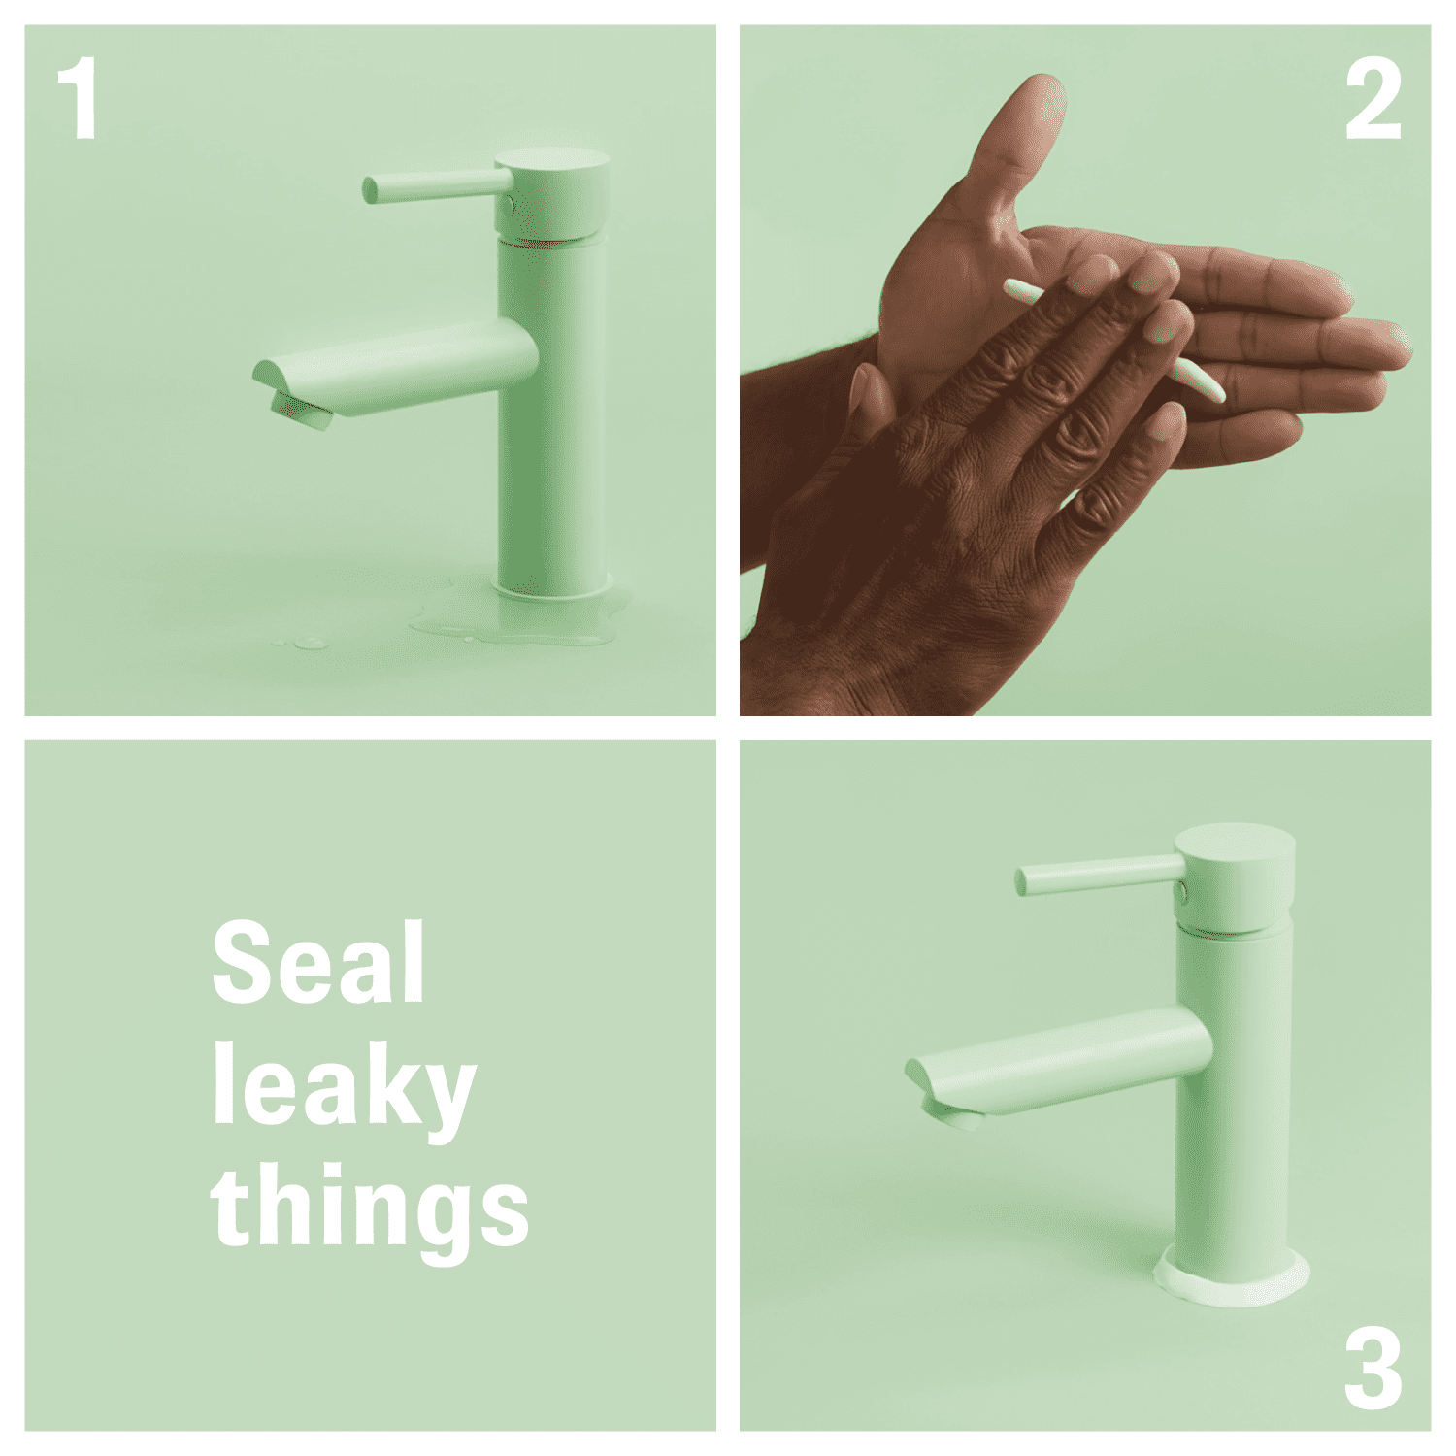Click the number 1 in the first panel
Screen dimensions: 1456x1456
[x=78, y=99]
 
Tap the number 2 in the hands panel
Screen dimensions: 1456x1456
[x=1373, y=99]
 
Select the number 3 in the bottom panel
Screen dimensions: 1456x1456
[x=1373, y=1369]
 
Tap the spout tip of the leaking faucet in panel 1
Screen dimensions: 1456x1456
[x=291, y=396]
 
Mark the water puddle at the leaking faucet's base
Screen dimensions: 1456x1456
[x=524, y=618]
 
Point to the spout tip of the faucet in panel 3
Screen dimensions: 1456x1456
[x=942, y=1095]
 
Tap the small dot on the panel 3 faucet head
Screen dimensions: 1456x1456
[x=1181, y=890]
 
